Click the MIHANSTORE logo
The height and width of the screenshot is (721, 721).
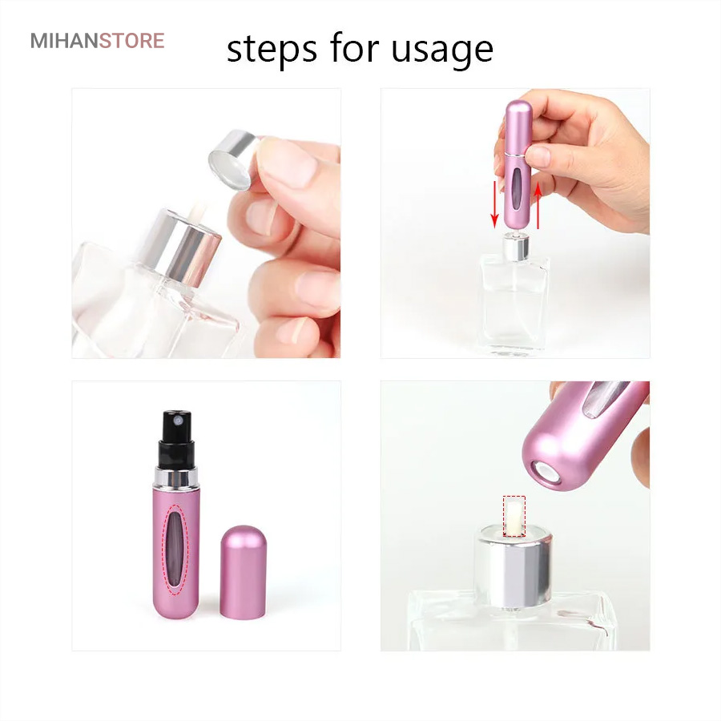click(x=97, y=41)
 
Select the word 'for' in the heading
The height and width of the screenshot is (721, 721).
click(x=354, y=47)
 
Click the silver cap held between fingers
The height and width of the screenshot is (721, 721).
click(x=232, y=159)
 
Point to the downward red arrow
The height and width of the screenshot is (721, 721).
click(x=495, y=204)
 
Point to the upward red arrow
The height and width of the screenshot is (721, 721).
click(x=538, y=204)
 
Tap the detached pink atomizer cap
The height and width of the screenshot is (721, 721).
click(x=243, y=572)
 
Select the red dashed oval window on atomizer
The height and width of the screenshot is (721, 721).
click(x=176, y=550)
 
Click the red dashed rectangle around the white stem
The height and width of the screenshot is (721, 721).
click(x=514, y=516)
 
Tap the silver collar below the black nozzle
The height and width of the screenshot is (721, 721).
click(x=175, y=478)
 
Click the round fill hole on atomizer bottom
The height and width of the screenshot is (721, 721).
click(x=547, y=473)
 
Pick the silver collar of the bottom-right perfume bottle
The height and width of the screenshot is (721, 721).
click(x=514, y=568)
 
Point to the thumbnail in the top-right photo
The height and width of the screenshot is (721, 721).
click(x=538, y=156)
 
